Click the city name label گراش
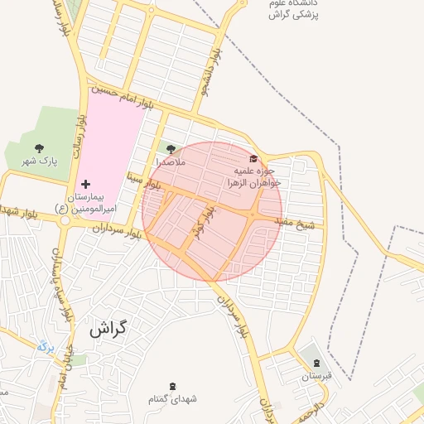click(x=107, y=329)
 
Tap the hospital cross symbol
click(x=85, y=182)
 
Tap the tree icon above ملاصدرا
click(x=171, y=149)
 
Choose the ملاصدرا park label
click(x=171, y=162)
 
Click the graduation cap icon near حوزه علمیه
click(x=253, y=158)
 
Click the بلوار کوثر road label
click(x=201, y=224)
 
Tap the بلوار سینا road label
click(x=142, y=181)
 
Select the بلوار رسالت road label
click(x=80, y=132)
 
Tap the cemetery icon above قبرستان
click(x=316, y=364)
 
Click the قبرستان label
click(x=316, y=377)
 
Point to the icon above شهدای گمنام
click(x=172, y=385)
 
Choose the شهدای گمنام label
click(x=172, y=399)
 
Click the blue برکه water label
click(x=46, y=346)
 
